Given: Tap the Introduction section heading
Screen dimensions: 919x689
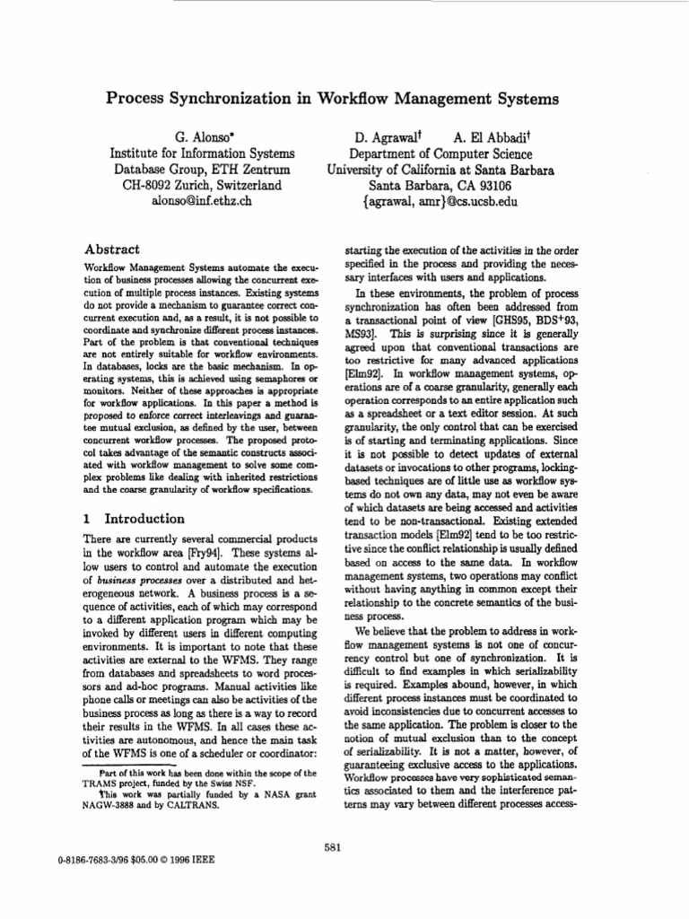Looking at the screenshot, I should click(144, 519).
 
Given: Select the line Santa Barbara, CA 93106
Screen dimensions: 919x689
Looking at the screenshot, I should click(440, 185).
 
